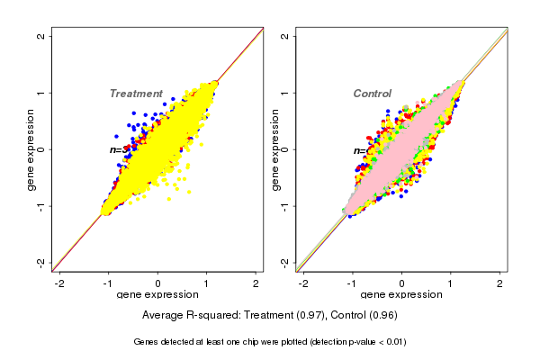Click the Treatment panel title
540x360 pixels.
(136, 94)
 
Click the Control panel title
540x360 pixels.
(372, 94)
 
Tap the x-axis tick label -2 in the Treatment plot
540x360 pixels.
(59, 283)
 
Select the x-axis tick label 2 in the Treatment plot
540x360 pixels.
(256, 283)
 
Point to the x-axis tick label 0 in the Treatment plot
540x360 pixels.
(158, 283)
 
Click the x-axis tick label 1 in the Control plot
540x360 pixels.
(452, 283)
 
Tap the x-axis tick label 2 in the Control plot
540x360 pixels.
(500, 283)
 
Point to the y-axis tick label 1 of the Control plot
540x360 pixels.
(285, 93)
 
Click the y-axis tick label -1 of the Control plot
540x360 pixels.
(285, 206)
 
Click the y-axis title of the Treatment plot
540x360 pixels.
(31, 149)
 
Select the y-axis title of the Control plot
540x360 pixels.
(274, 149)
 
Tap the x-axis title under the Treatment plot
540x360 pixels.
(157, 295)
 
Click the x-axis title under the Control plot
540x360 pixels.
(401, 295)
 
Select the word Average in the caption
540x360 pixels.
(164, 316)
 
